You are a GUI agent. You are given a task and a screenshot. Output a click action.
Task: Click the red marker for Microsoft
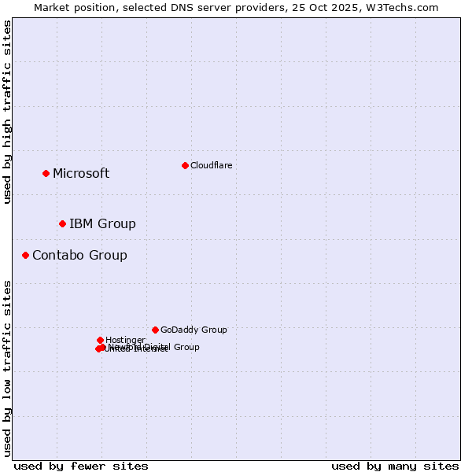46,173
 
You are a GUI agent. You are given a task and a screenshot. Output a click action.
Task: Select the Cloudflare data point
185,165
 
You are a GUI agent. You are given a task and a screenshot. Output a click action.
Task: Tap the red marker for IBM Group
62,223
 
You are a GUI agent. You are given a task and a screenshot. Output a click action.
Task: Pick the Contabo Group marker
25,255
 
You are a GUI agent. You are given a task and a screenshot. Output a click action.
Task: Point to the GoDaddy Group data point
155,330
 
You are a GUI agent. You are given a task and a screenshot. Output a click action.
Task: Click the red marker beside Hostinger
100,340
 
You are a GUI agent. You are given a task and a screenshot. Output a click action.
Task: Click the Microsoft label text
81,173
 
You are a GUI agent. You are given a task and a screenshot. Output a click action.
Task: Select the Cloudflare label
211,165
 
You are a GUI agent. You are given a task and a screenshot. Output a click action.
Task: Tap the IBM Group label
102,223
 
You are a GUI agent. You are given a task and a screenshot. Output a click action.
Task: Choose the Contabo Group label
79,255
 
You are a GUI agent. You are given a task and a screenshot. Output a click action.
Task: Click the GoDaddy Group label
194,330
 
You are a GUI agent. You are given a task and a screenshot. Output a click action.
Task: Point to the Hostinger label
125,340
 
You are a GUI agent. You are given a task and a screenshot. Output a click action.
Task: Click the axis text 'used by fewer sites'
81,466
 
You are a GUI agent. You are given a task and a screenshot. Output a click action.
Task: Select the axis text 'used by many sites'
395,466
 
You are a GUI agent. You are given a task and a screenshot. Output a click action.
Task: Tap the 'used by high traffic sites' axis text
7,112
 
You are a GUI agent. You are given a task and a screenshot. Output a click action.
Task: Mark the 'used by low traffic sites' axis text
7,367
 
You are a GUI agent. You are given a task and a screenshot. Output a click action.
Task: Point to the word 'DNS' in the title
168,7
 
